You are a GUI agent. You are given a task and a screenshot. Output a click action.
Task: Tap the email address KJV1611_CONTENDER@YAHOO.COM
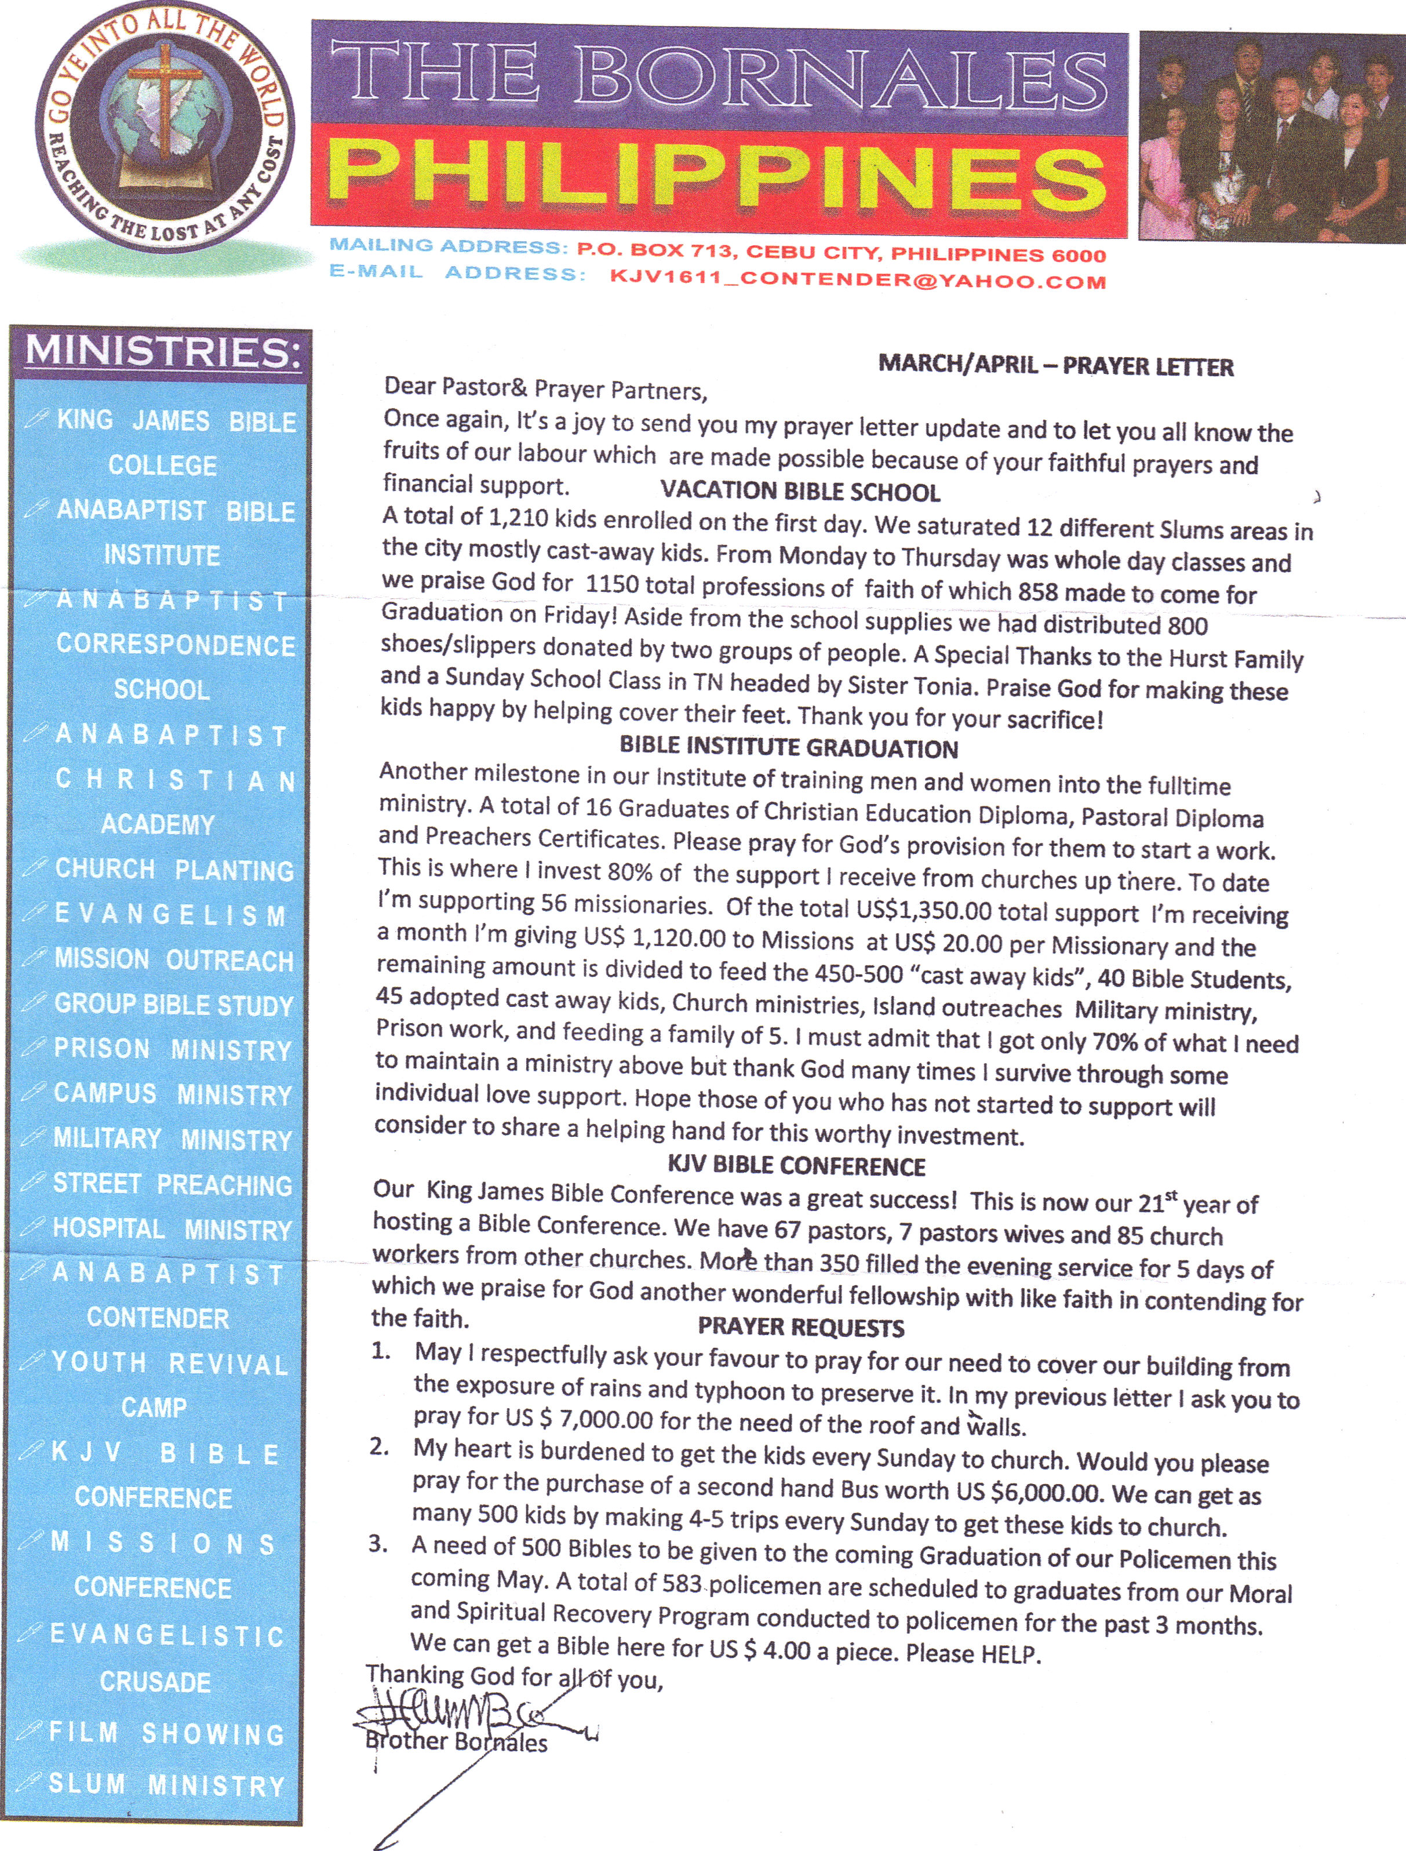(x=857, y=279)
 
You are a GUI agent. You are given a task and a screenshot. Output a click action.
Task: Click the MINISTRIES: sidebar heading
(x=162, y=352)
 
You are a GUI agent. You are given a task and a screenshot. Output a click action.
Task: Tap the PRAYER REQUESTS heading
(x=801, y=1328)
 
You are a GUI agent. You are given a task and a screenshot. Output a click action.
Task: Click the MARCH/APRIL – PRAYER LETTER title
(x=1055, y=366)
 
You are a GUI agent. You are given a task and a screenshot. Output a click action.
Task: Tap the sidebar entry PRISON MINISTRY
(x=172, y=1050)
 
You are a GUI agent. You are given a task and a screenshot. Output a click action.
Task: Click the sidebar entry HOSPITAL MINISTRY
(x=172, y=1229)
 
